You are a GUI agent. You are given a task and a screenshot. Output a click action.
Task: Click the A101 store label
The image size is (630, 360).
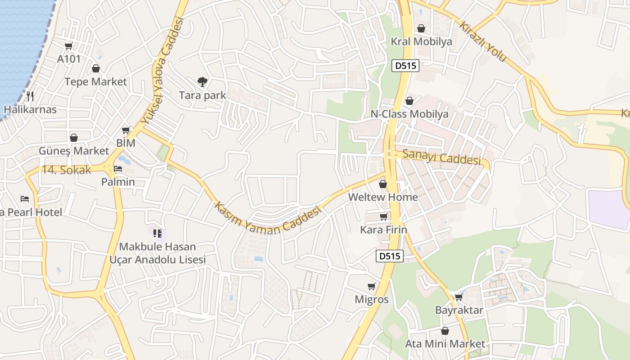(69, 58)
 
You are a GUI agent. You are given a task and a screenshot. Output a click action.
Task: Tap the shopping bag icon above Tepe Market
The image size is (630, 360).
(95, 68)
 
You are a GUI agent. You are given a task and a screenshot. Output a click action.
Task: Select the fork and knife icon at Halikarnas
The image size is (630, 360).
(30, 96)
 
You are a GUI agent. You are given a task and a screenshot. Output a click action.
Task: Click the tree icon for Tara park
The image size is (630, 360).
(202, 81)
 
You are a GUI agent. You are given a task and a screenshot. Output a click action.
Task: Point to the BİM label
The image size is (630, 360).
(126, 143)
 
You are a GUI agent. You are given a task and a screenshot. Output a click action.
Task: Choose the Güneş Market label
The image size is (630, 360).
(74, 151)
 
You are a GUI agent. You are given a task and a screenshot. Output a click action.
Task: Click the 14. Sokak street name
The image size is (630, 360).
(67, 170)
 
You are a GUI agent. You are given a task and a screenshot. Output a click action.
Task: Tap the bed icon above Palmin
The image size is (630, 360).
(118, 169)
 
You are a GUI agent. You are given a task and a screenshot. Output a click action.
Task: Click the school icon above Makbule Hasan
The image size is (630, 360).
(157, 233)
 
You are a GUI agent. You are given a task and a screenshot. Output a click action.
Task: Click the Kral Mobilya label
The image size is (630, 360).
(421, 42)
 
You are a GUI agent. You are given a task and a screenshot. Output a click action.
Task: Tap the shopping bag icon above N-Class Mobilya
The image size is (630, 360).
(409, 101)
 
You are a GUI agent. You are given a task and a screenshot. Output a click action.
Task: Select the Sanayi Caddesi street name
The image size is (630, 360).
(441, 157)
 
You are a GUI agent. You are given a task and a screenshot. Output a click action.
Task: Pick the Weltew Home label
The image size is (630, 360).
(383, 197)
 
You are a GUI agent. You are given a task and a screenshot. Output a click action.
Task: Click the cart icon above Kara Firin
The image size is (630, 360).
(383, 217)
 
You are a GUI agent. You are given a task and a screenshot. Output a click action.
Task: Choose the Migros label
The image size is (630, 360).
(372, 299)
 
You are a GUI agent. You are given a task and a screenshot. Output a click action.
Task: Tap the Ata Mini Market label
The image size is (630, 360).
(445, 344)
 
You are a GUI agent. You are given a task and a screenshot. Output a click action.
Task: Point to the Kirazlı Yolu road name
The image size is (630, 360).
(483, 41)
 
